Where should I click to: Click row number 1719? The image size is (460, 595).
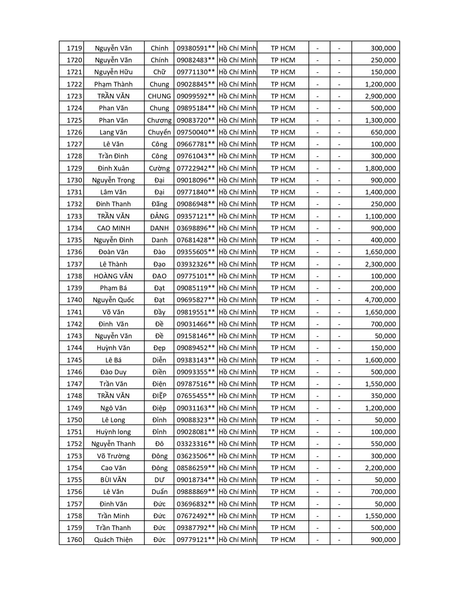[x=74, y=48]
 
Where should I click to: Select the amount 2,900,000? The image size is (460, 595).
[x=380, y=96]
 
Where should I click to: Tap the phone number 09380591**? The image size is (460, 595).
[x=196, y=48]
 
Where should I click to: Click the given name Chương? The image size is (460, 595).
[x=159, y=120]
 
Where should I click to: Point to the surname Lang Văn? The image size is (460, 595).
[x=113, y=132]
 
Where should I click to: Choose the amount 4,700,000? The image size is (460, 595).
[x=380, y=300]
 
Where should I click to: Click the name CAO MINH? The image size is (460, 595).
[x=113, y=228]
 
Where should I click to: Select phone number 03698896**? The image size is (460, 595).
[x=196, y=228]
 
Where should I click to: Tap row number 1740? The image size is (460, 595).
[x=74, y=300]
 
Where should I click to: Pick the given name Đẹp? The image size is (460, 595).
[x=159, y=348]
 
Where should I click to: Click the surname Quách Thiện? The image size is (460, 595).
[x=113, y=539]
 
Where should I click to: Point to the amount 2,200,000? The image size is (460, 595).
[x=380, y=468]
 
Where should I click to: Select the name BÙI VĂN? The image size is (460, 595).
[x=113, y=480]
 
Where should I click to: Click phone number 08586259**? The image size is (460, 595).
[x=196, y=468]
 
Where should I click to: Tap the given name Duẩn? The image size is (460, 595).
[x=159, y=492]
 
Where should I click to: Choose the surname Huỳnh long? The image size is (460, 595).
[x=113, y=432]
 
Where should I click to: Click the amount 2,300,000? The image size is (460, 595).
[x=380, y=264]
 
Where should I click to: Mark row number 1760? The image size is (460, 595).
[x=74, y=539]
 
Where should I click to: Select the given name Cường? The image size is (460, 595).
[x=159, y=168]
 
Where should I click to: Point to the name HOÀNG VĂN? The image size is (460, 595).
[x=113, y=276]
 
